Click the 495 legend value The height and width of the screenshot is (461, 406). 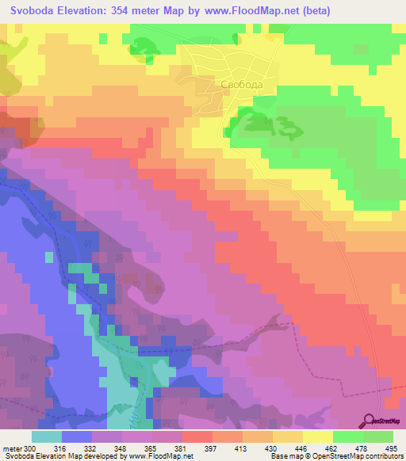tap(392, 448)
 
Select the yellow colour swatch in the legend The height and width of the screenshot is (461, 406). tap(317, 436)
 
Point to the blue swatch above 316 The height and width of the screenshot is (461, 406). tap(77, 436)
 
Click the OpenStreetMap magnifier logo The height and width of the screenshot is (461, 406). tap(370, 421)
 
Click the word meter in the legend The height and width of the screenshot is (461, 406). tap(12, 448)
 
